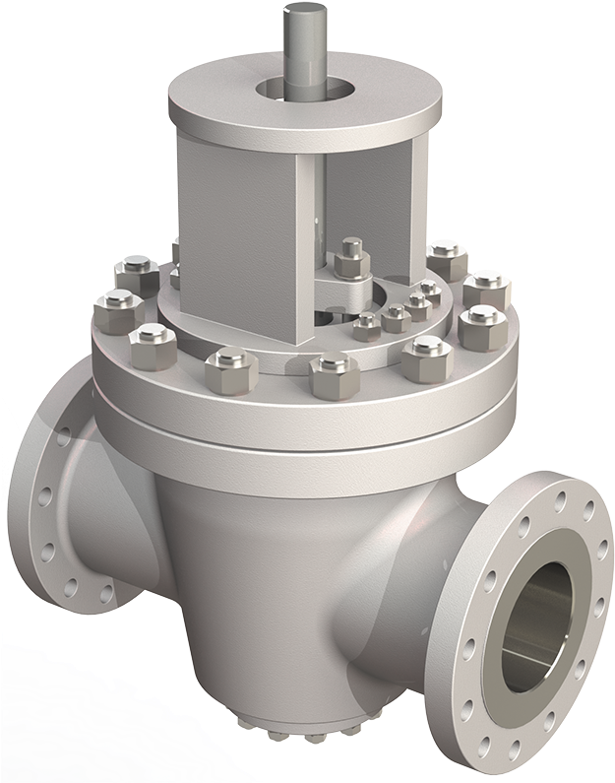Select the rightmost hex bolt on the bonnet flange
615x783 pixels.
coord(481,324)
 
